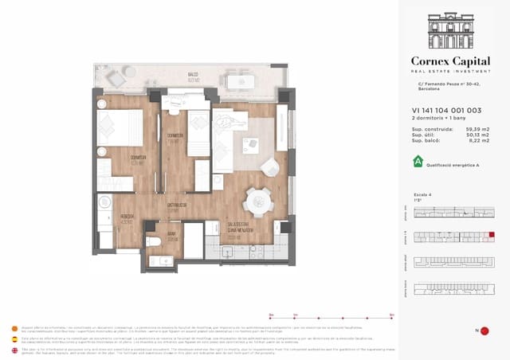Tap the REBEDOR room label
click(105, 217)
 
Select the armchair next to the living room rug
click(271, 165)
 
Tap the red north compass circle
click(484, 331)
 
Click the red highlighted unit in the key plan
click(491, 235)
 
